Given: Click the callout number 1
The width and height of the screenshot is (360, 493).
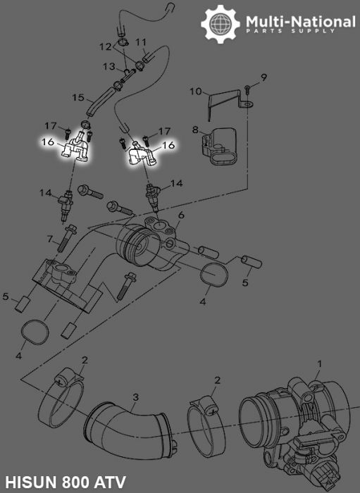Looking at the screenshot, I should coord(318,364).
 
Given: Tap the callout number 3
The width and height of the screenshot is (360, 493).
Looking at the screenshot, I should coord(136,399).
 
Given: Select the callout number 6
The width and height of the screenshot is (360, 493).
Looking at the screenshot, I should coord(181,215).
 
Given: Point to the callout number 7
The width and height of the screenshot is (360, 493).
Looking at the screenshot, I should coord(50,239).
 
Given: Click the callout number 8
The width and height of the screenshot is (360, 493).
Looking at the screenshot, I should coord(197,130).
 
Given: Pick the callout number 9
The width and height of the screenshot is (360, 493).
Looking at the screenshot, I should coord(264,76).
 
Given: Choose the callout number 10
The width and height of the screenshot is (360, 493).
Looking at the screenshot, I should coord(197,91).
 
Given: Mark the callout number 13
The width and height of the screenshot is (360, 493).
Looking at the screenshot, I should coord(110,66).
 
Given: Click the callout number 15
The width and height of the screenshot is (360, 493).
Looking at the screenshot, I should coord(78,97).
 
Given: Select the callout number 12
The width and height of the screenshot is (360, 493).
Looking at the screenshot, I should coord(104,46).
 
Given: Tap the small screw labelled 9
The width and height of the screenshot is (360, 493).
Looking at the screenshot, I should coord(249,88).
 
